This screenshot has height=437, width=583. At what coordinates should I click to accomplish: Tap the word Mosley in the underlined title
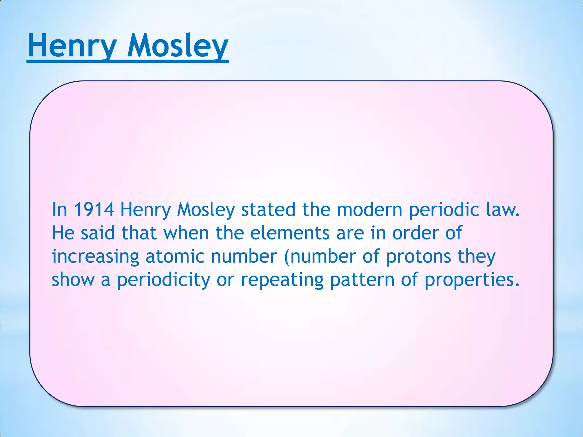pos(178,46)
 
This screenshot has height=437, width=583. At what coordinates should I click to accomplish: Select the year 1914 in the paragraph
pos(94,210)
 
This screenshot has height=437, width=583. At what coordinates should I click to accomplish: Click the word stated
pos(268,210)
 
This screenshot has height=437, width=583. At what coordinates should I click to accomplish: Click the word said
pos(97,233)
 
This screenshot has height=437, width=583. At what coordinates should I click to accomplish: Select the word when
pos(186,233)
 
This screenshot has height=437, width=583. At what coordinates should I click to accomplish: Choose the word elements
pos(290,233)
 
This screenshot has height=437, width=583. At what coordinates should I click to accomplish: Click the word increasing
pos(95,257)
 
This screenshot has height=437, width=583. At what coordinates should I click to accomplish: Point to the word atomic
pos(175,256)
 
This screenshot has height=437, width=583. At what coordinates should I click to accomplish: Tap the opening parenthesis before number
pos(287,257)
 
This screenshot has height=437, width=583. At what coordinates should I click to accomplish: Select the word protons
pos(418,257)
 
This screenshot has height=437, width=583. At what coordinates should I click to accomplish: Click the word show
pos(73,280)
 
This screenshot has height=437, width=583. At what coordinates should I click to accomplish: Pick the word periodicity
pos(164,280)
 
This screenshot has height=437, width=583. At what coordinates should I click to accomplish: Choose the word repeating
pos(282,280)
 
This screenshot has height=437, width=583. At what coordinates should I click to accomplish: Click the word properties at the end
pos(472,280)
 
